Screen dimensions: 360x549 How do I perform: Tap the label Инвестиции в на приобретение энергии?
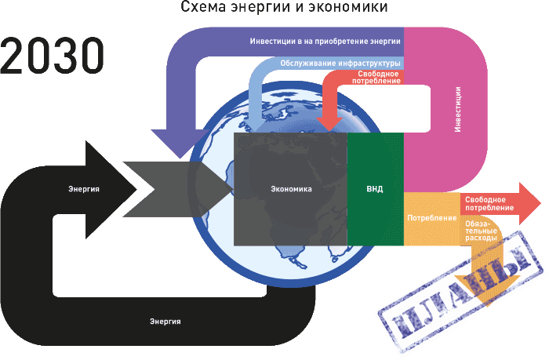click(x=325, y=40)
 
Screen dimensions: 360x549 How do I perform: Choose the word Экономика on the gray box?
click(x=291, y=189)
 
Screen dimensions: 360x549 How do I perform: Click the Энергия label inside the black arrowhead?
click(x=83, y=189)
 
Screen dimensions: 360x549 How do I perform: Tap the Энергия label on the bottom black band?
click(x=165, y=321)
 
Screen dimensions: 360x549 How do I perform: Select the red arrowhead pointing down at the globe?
click(x=329, y=122)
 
